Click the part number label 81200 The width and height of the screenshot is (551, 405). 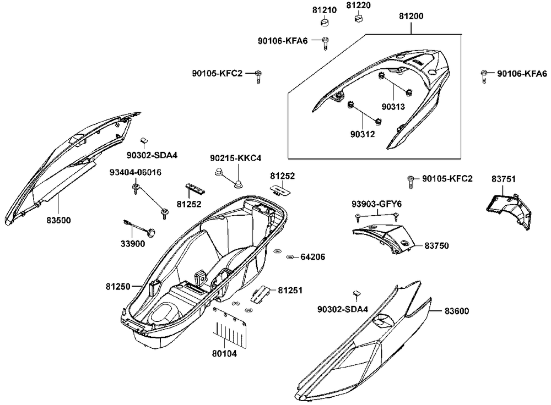pos(410,17)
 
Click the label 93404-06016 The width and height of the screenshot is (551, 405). pos(135,172)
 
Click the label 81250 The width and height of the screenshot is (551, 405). pos(118,287)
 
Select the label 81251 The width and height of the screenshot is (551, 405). pos(290,290)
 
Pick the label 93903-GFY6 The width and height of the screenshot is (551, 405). pos(376,204)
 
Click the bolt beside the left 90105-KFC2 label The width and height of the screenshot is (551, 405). pos(257,76)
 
